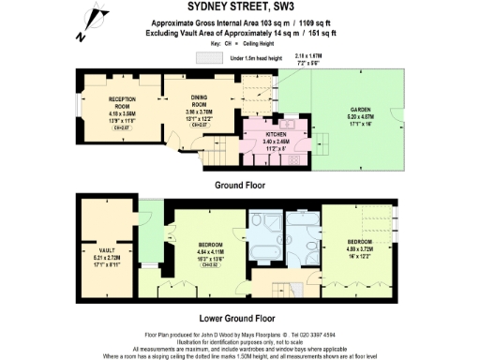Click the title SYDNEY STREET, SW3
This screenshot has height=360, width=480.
coord(239,7)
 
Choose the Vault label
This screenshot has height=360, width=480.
coord(109,250)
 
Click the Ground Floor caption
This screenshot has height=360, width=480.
coord(241,185)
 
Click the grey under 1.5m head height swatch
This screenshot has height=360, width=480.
coord(210,57)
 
